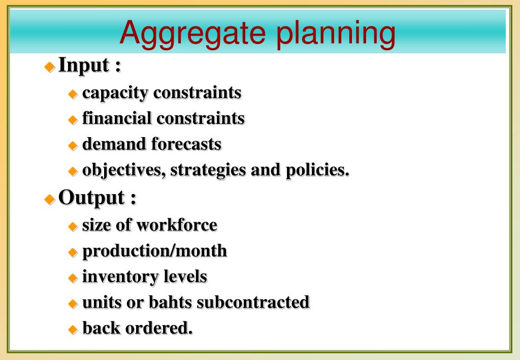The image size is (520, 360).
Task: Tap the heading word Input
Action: point(83,66)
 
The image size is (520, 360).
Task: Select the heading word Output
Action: point(91,198)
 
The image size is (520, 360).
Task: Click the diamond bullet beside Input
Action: point(50,67)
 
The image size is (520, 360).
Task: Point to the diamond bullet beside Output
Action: point(50,199)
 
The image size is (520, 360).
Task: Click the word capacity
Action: point(115,93)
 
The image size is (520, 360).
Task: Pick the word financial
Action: point(117,118)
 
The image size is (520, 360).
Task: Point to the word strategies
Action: point(208,170)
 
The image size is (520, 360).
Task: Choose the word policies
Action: point(317,170)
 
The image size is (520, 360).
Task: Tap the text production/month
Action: point(154,251)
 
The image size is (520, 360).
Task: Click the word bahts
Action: point(170,303)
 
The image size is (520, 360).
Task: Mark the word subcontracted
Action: point(253,303)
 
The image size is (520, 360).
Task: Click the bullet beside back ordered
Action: point(73,330)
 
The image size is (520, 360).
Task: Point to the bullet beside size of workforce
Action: point(73,226)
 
